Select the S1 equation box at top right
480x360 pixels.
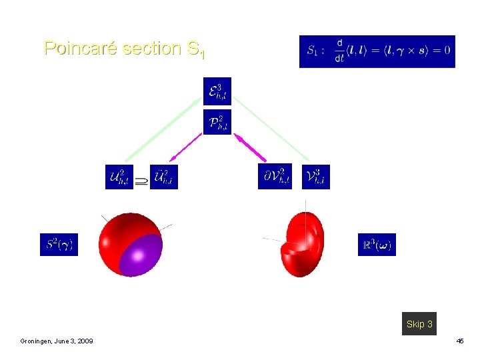(x=377, y=51)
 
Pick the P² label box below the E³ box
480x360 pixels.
(x=217, y=122)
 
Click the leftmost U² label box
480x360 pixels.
(x=119, y=177)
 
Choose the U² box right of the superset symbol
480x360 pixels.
(x=164, y=177)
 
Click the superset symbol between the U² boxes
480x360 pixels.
(x=142, y=179)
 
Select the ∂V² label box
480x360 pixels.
(x=275, y=177)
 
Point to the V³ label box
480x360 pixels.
(x=315, y=177)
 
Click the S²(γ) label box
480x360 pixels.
(x=59, y=244)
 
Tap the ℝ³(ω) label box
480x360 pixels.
(x=377, y=244)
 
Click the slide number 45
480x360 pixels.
(x=459, y=341)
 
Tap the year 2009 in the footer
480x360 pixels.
(x=84, y=341)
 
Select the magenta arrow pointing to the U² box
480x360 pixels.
(x=186, y=147)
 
